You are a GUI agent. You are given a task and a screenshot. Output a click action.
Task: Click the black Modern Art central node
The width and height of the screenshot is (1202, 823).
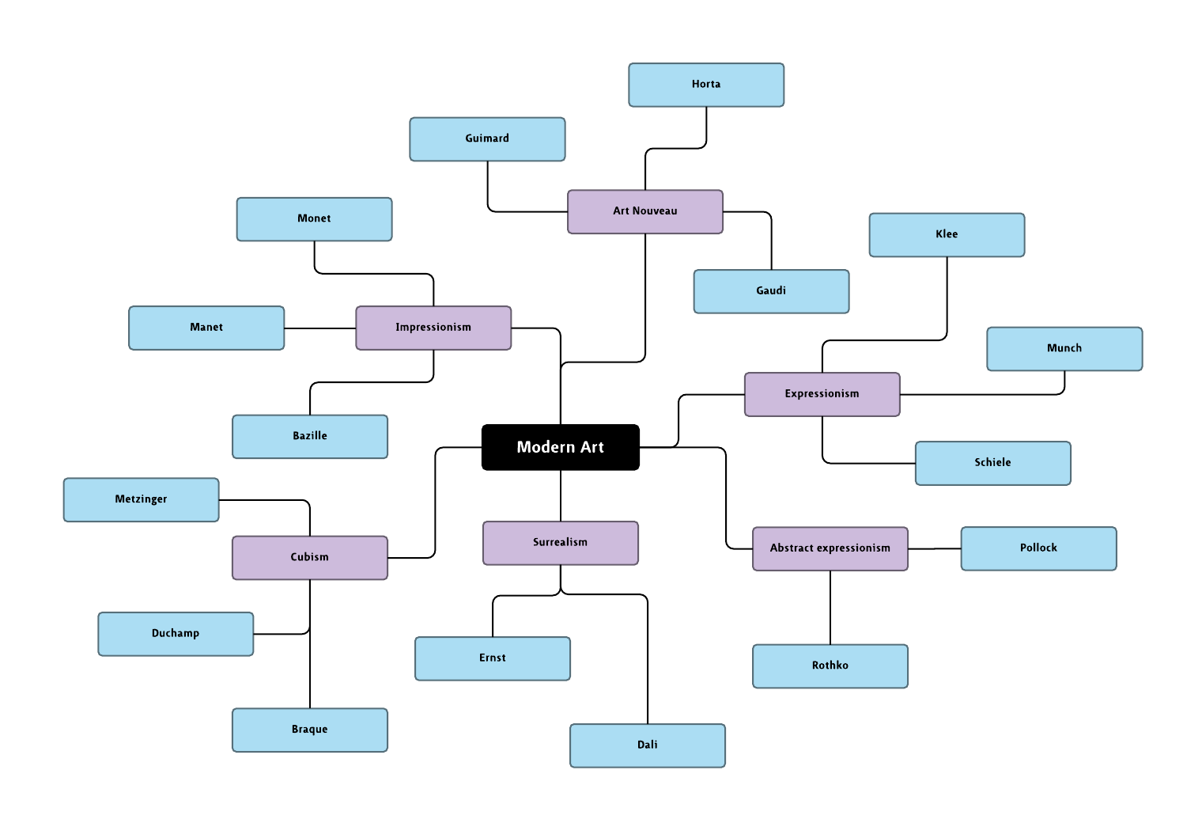pos(560,447)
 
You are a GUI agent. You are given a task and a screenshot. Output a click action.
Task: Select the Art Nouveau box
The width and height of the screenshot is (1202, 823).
pos(644,211)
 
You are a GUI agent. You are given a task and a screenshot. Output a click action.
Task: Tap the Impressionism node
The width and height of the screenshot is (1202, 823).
pos(433,328)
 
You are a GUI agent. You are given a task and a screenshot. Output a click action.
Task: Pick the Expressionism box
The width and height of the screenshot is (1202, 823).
pos(822,394)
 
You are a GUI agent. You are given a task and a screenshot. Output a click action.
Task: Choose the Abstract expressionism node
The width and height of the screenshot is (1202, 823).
pos(830,548)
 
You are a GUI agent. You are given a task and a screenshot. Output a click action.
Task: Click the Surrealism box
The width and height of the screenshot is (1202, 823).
pos(560,543)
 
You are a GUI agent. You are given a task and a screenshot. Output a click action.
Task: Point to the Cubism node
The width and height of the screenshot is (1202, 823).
pos(309,557)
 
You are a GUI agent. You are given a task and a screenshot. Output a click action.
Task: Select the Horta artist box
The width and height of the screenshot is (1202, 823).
pos(705,85)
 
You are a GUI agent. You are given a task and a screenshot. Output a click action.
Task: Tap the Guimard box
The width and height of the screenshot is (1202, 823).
pos(486,138)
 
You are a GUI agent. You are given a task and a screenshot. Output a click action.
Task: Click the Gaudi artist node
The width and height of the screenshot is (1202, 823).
pos(771,291)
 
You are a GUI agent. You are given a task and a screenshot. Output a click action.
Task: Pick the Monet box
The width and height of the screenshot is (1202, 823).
pos(314,219)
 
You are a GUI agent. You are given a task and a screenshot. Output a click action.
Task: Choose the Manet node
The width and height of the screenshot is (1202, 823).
pos(206,328)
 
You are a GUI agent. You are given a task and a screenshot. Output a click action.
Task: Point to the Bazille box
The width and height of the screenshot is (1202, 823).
pos(309,436)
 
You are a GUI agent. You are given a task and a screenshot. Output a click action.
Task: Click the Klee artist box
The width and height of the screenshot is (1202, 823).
pos(947,235)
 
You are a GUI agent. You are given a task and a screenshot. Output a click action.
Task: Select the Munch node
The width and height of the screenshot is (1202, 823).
pos(1064,348)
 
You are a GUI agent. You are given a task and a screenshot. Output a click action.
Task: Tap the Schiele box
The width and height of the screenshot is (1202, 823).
pos(992,463)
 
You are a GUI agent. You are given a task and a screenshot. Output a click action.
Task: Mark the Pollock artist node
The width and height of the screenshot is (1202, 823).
pos(1038,548)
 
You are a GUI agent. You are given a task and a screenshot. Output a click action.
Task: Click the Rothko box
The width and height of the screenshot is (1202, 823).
pos(830,666)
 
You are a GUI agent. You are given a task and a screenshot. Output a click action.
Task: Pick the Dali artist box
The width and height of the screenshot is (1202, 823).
pos(647,745)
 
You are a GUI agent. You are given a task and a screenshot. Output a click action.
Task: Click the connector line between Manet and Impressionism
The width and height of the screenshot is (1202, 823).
pos(319,328)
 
